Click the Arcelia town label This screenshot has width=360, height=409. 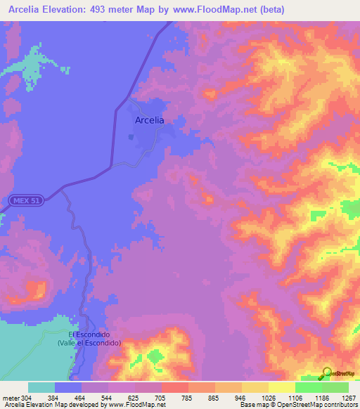pos(149,120)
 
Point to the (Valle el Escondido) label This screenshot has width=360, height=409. pos(89,342)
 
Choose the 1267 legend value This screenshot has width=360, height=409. pos(340,397)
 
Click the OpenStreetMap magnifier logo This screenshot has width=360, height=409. pos(326,372)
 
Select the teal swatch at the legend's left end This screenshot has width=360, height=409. pos(41,387)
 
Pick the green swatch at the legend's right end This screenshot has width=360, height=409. pos(335,387)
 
